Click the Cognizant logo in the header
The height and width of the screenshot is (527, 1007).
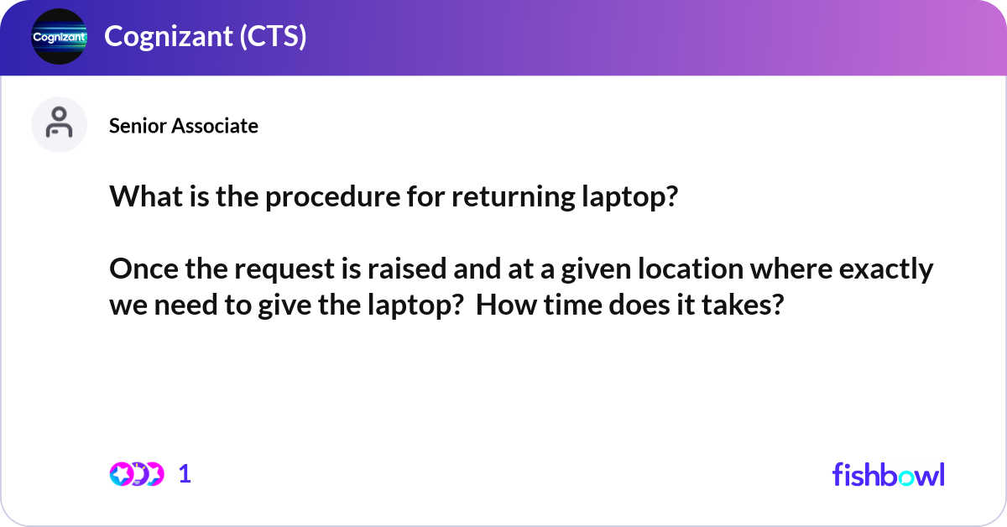[59, 37]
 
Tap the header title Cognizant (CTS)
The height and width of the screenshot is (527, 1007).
[205, 37]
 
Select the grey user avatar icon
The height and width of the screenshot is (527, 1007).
[59, 124]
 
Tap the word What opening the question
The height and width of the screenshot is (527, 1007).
[140, 198]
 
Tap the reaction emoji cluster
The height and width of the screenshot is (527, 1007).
[136, 474]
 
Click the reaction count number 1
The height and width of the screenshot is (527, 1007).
[185, 474]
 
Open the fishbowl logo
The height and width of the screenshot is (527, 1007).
[888, 474]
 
